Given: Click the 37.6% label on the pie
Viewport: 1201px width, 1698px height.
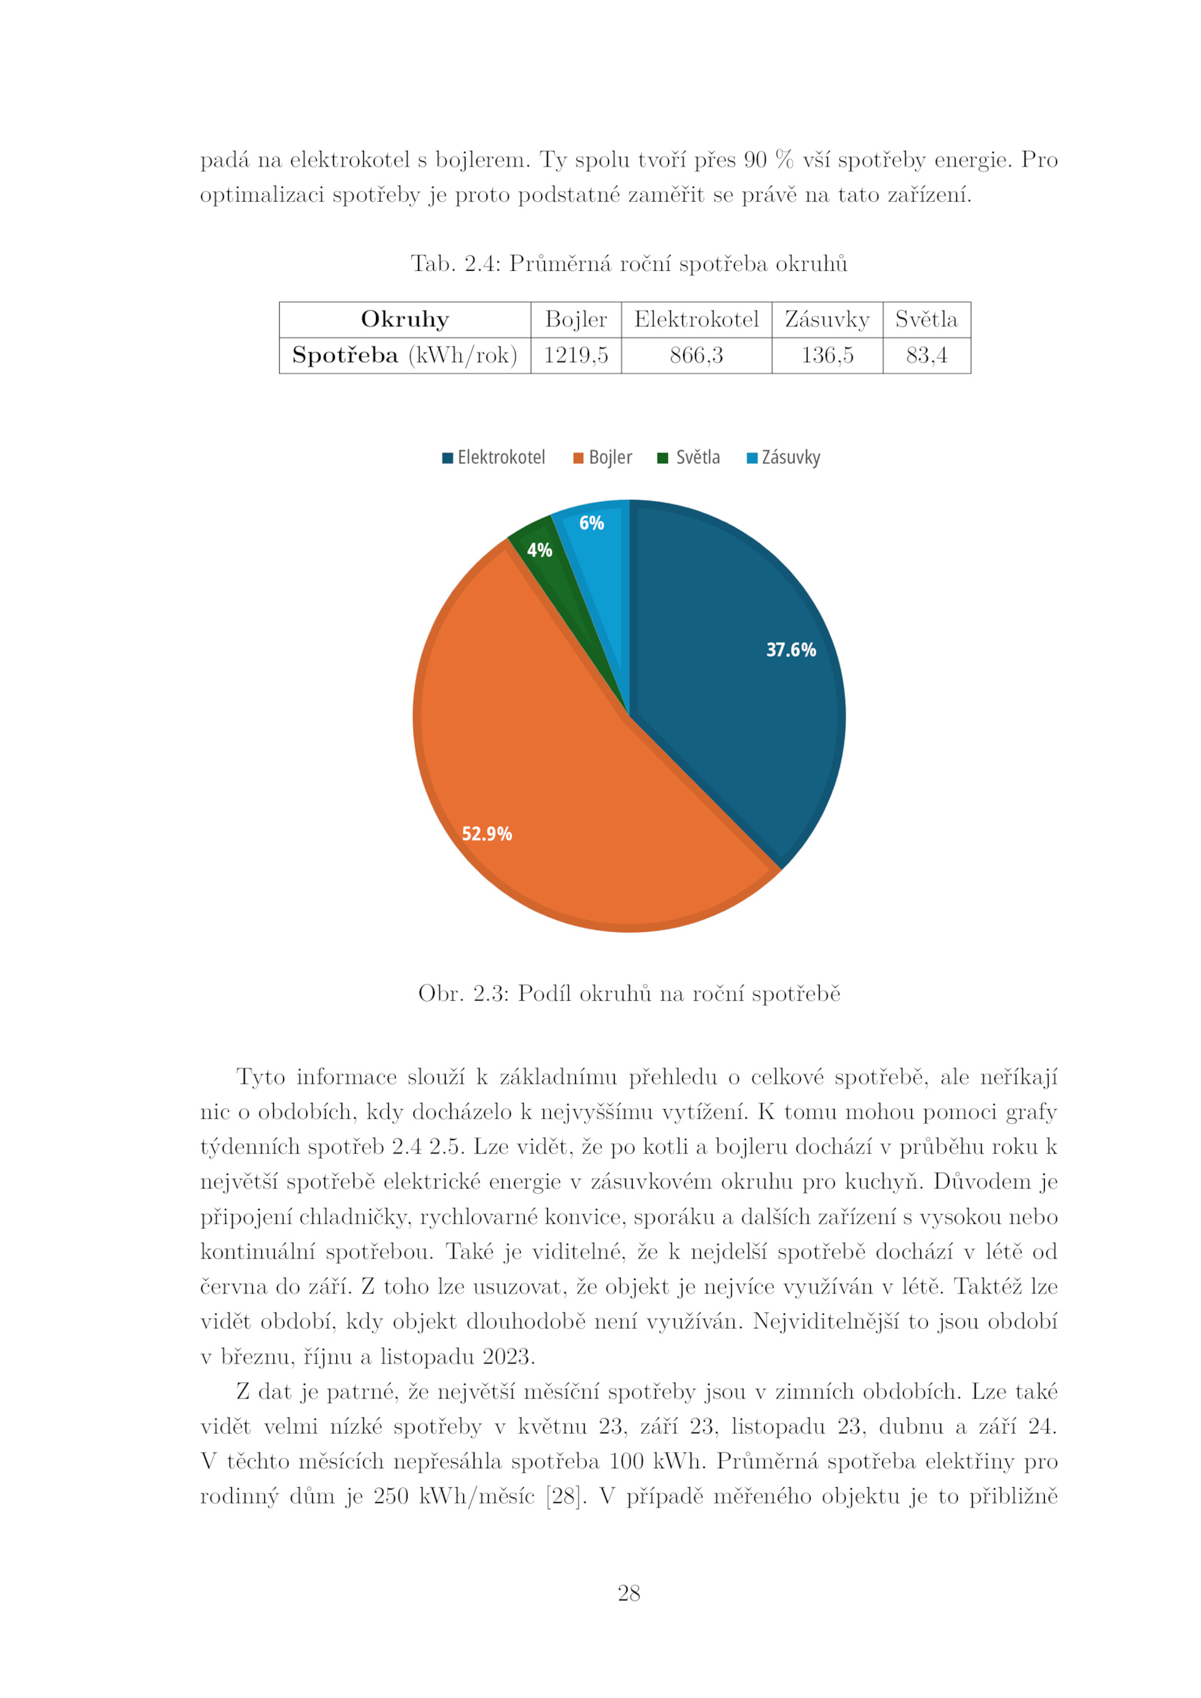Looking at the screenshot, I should tap(790, 650).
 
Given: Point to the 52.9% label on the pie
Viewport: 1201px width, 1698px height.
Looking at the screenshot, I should tap(486, 834).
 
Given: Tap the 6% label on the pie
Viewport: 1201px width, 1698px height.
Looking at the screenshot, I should tap(591, 523).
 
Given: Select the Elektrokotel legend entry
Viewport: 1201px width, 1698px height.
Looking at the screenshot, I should tap(493, 458).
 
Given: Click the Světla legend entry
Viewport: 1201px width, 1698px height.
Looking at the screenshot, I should tap(688, 458).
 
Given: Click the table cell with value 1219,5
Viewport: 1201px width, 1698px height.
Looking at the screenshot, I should tap(576, 355).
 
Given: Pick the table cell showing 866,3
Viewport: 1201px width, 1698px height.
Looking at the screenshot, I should tap(696, 355).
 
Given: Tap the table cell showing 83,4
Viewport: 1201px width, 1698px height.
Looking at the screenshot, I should tap(926, 355).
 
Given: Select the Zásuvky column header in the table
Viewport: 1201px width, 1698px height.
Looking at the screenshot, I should tap(826, 320).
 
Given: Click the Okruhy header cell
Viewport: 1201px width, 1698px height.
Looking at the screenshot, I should tap(405, 320).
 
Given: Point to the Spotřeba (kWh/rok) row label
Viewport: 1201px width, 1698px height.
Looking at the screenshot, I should tap(405, 355).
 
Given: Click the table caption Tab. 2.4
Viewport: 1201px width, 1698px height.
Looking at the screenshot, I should tap(628, 264).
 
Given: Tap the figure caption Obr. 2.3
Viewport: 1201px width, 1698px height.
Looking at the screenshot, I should tap(629, 993).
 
